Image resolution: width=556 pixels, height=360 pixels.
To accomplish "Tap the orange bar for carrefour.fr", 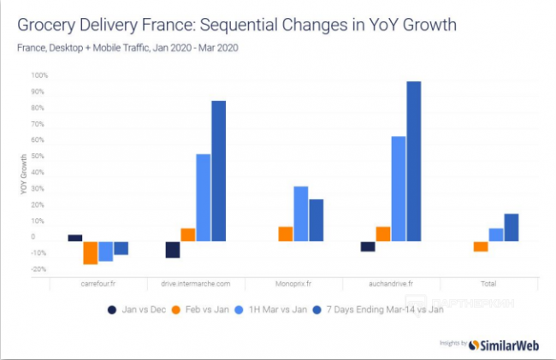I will coord(90,252).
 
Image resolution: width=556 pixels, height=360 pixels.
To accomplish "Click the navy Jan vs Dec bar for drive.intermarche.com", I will coord(173,249).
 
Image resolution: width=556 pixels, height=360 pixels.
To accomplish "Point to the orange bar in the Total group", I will coord(481,246).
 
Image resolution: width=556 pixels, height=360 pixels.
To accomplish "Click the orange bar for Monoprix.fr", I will coord(285,233).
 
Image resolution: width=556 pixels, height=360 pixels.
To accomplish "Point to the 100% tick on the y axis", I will coord(39,75).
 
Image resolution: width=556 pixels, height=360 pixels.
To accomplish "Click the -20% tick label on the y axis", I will coord(39,270).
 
